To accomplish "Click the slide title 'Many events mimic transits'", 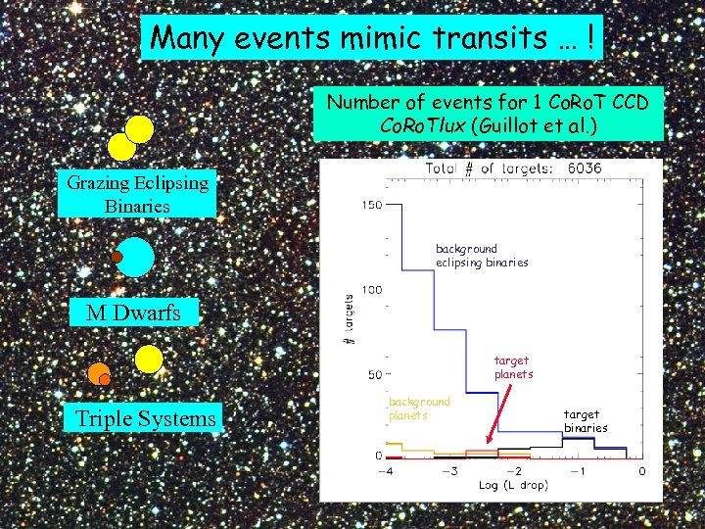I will tap(371, 38).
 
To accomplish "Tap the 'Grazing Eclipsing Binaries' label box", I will tap(137, 194).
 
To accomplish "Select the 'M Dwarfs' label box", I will tap(133, 313).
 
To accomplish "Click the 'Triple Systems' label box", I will tap(146, 419).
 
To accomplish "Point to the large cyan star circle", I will tap(135, 257).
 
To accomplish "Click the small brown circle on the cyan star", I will tap(117, 257).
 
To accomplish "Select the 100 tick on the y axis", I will tap(371, 290).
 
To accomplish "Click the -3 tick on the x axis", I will tap(448, 471).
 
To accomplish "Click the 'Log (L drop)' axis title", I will tap(513, 485).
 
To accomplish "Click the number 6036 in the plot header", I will tap(585, 168).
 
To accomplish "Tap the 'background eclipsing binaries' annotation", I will tap(481, 256).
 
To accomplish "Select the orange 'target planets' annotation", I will tap(513, 367).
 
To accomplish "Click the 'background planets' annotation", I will tap(419, 408).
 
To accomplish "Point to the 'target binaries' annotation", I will tap(585, 421).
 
